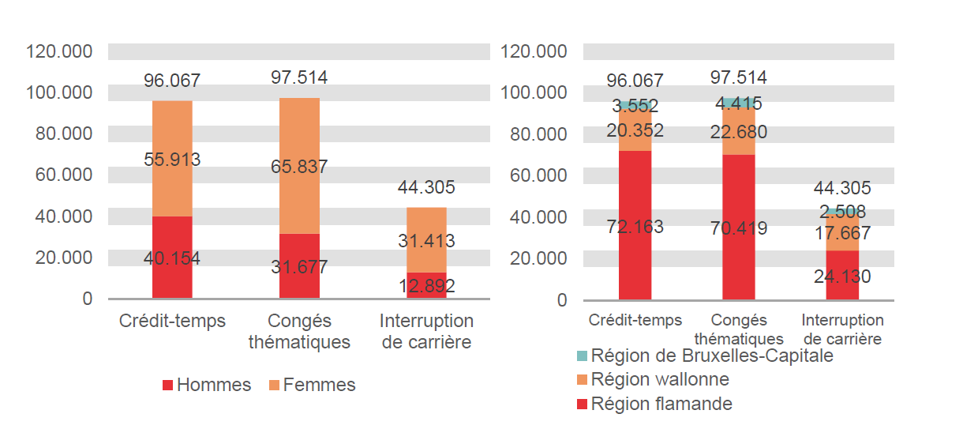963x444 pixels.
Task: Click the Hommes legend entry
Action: [x=206, y=385]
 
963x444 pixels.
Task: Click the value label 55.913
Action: [x=172, y=159]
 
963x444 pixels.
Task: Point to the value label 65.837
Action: [x=299, y=167]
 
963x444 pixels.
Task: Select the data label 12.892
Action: [x=426, y=286]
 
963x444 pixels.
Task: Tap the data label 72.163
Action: [x=635, y=227]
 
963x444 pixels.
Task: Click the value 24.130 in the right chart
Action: [x=842, y=277]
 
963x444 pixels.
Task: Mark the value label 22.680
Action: [x=738, y=132]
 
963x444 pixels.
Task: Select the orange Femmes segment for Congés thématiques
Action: [x=299, y=134]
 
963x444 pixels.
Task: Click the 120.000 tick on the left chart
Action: [x=59, y=52]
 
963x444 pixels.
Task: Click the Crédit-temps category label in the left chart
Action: [x=172, y=321]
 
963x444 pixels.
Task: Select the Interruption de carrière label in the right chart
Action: [x=842, y=329]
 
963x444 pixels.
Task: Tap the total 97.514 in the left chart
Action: [x=299, y=77]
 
